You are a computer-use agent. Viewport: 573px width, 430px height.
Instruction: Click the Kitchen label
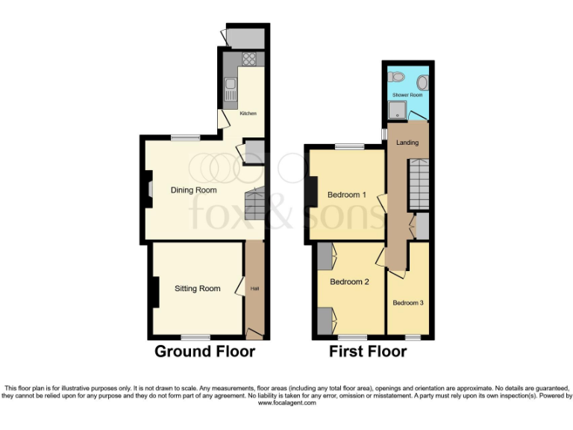coord(248,113)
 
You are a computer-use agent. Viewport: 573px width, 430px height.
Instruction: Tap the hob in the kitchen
coord(249,60)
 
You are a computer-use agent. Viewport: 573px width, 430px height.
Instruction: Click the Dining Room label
coord(193,190)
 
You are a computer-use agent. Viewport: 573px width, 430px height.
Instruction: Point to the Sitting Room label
coord(198,288)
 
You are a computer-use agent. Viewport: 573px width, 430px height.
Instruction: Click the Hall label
coord(254,288)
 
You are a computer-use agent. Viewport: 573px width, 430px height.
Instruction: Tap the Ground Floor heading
coord(204,351)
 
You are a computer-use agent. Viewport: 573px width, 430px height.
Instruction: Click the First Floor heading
coord(368,351)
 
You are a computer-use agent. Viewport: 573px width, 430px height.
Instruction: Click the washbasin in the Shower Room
coord(422,82)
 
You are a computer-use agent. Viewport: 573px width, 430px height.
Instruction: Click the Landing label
coord(407,143)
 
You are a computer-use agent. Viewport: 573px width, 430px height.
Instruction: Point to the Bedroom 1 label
coord(347,195)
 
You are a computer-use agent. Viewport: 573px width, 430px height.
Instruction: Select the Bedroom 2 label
coord(350,281)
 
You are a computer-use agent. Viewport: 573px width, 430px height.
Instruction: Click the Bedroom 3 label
coord(408,302)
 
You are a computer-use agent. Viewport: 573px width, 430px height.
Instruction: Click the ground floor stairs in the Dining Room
coord(255,203)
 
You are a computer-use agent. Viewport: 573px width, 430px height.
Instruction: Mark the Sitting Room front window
coord(195,337)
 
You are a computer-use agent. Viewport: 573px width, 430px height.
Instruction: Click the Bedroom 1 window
coord(348,147)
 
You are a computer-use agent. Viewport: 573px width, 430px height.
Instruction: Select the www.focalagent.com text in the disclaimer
coord(286,403)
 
